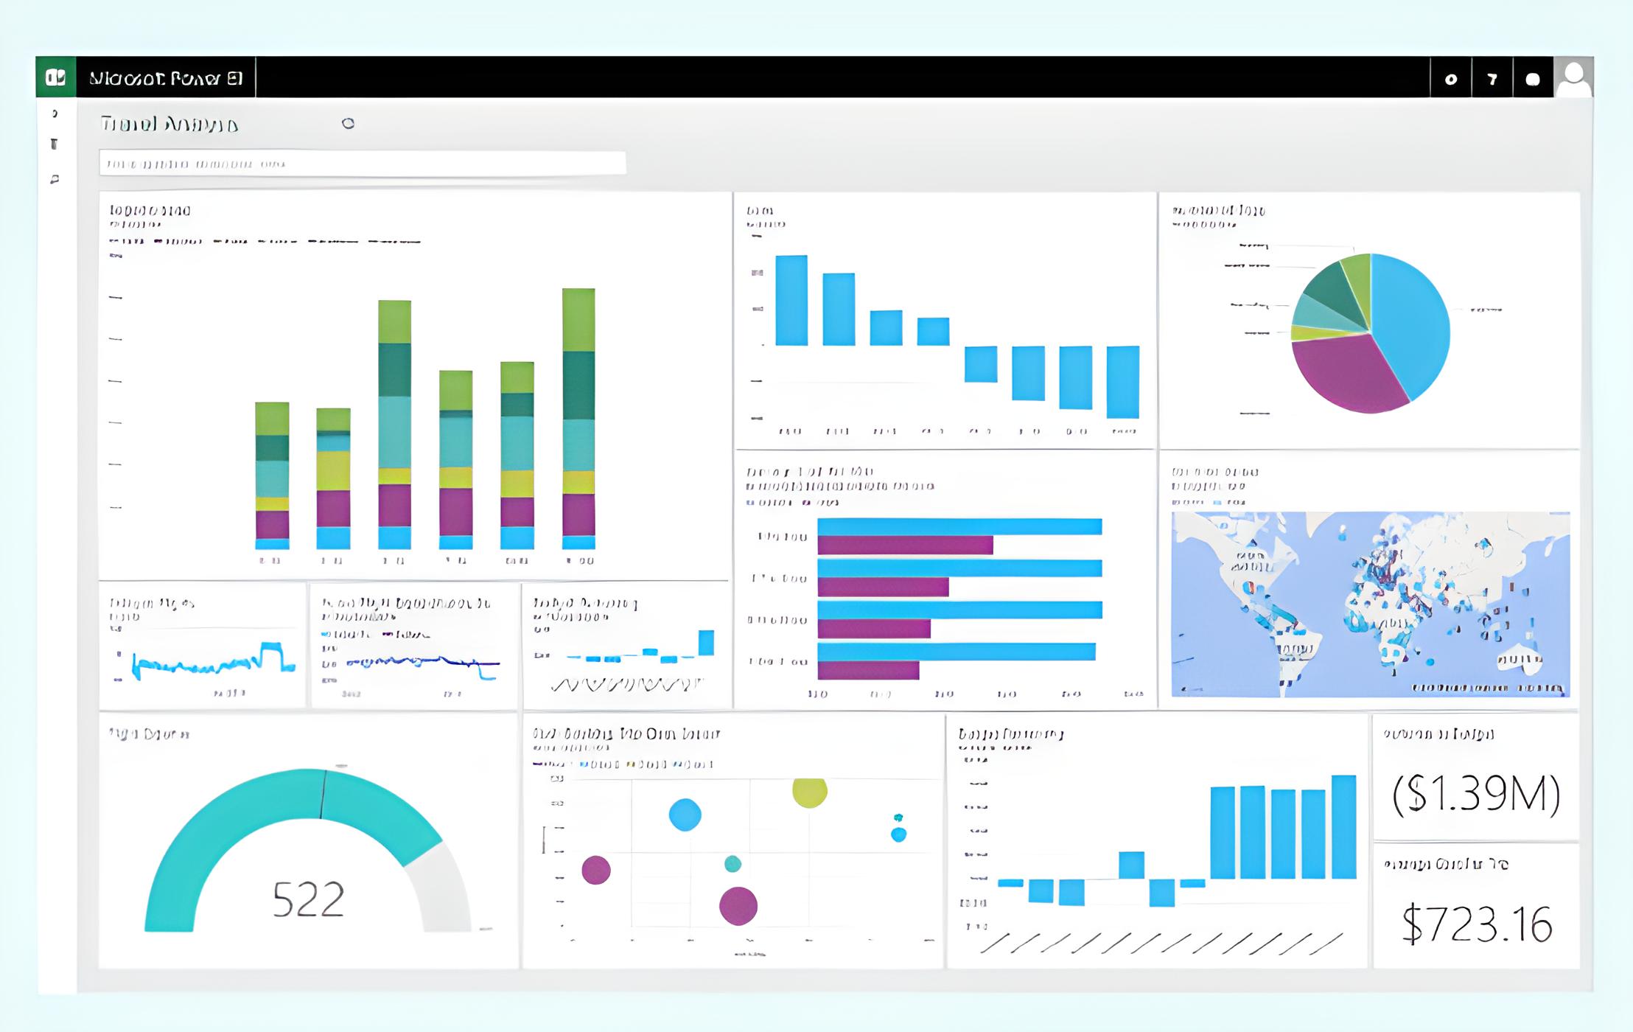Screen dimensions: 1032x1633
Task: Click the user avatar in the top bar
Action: (1573, 77)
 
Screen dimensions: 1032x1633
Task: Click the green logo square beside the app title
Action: (56, 77)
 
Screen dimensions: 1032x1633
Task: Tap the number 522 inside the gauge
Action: (308, 899)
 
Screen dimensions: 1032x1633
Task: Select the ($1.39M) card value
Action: (1476, 794)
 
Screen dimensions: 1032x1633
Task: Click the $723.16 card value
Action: (1476, 924)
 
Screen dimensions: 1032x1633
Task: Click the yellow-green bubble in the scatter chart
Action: (809, 792)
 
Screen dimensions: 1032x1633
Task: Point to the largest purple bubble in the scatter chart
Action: (738, 906)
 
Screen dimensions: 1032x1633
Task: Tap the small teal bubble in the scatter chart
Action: (732, 864)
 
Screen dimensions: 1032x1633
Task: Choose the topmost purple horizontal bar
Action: (905, 545)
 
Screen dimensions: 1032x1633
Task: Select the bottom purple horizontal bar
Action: (868, 670)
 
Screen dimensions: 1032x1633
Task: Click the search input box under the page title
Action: (363, 163)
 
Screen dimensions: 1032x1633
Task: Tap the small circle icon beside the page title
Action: (348, 124)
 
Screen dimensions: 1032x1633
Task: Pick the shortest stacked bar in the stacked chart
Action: (333, 478)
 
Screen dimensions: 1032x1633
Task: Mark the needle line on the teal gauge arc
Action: (323, 794)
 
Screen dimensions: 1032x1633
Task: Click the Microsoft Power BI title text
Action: (166, 78)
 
